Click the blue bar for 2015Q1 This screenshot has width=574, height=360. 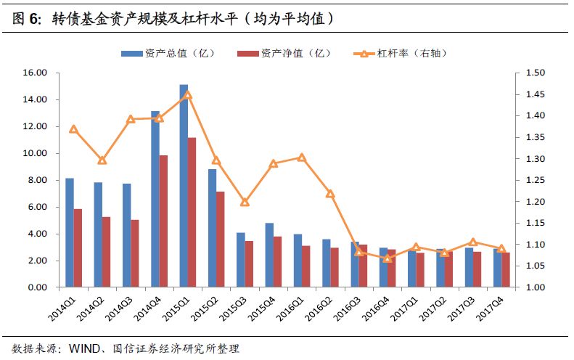184,186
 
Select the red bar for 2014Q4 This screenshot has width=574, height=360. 164,221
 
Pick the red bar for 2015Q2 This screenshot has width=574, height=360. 221,240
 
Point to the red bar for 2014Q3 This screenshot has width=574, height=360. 135,253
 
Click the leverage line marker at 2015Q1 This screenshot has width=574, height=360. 187,94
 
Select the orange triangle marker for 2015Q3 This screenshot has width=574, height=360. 245,202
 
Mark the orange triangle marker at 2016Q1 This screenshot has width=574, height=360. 302,157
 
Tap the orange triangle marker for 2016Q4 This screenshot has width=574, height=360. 388,258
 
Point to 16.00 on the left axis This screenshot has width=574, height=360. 36,73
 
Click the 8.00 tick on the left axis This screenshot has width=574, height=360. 38,180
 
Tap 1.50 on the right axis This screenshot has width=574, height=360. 535,73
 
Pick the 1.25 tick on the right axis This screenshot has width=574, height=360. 535,180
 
